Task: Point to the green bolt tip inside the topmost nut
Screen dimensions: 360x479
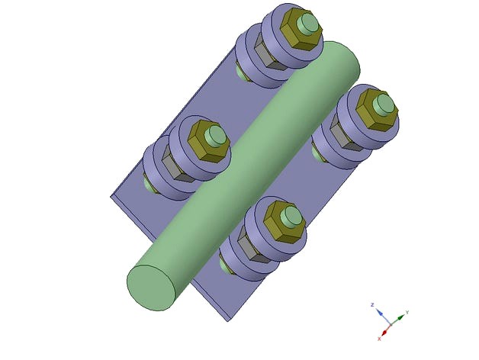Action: [x=308, y=23]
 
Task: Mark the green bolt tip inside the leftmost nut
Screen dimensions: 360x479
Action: [x=216, y=136]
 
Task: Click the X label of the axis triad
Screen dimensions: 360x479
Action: [x=379, y=338]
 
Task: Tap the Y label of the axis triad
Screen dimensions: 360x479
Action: [x=407, y=312]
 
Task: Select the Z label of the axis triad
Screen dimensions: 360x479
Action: [x=371, y=304]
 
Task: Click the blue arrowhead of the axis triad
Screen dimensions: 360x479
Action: [x=378, y=312]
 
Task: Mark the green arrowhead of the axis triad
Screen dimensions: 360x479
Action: [x=400, y=316]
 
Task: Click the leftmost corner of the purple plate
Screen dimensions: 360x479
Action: [x=111, y=196]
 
